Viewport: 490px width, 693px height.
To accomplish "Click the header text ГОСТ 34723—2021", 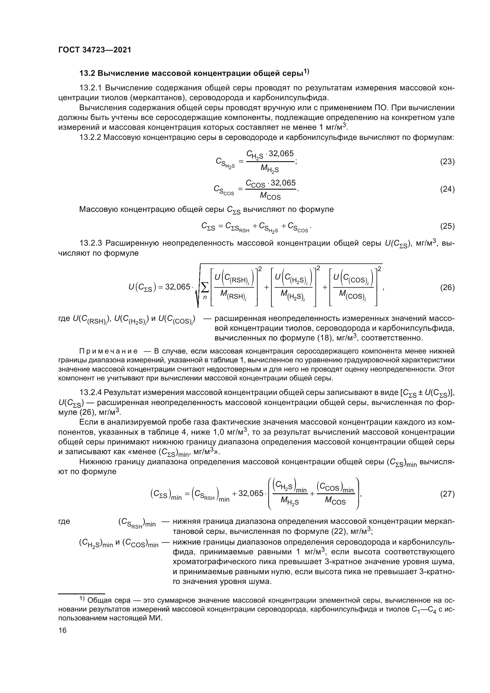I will tap(95, 50).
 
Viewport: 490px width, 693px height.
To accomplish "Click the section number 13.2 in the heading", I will tap(87, 74).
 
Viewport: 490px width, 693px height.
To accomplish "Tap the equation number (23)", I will tap(447, 162).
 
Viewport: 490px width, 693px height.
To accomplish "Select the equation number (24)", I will tap(447, 189).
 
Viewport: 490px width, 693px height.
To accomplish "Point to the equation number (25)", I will tap(447, 226).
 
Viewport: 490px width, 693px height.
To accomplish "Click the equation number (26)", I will tap(447, 287).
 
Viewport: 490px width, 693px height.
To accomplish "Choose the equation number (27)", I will tap(447, 494).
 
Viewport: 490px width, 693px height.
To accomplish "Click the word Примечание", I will tap(109, 351).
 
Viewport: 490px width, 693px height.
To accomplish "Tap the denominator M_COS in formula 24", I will tap(270, 196).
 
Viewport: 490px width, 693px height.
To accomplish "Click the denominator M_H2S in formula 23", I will tap(269, 169).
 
